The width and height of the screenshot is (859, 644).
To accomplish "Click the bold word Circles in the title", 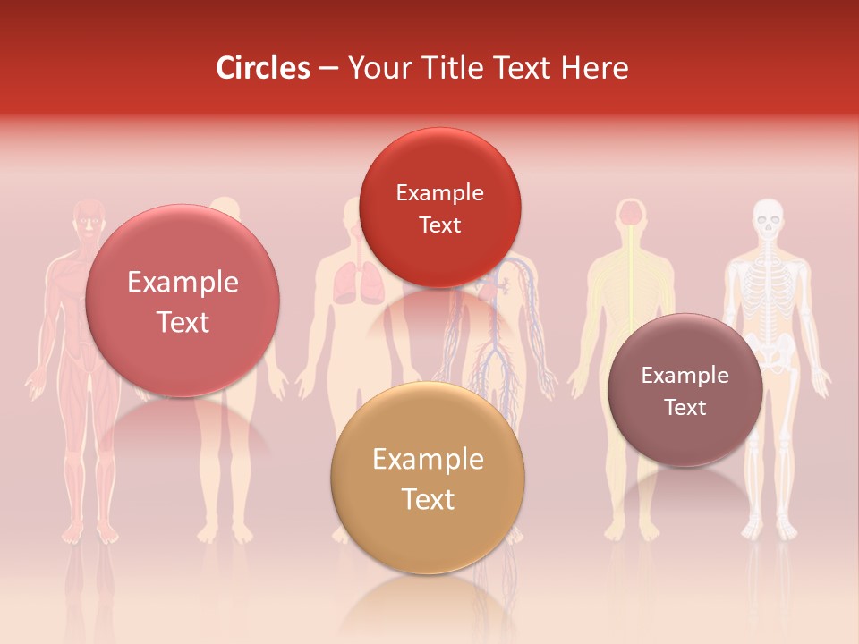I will click(x=263, y=68).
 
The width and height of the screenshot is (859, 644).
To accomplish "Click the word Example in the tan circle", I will click(x=428, y=460).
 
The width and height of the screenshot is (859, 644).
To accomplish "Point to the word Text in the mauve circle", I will click(x=685, y=408).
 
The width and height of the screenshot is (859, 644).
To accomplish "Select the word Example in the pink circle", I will click(x=183, y=283).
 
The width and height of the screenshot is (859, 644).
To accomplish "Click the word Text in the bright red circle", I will click(x=439, y=225).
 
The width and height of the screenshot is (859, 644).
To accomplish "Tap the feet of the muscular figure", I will click(x=89, y=534).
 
